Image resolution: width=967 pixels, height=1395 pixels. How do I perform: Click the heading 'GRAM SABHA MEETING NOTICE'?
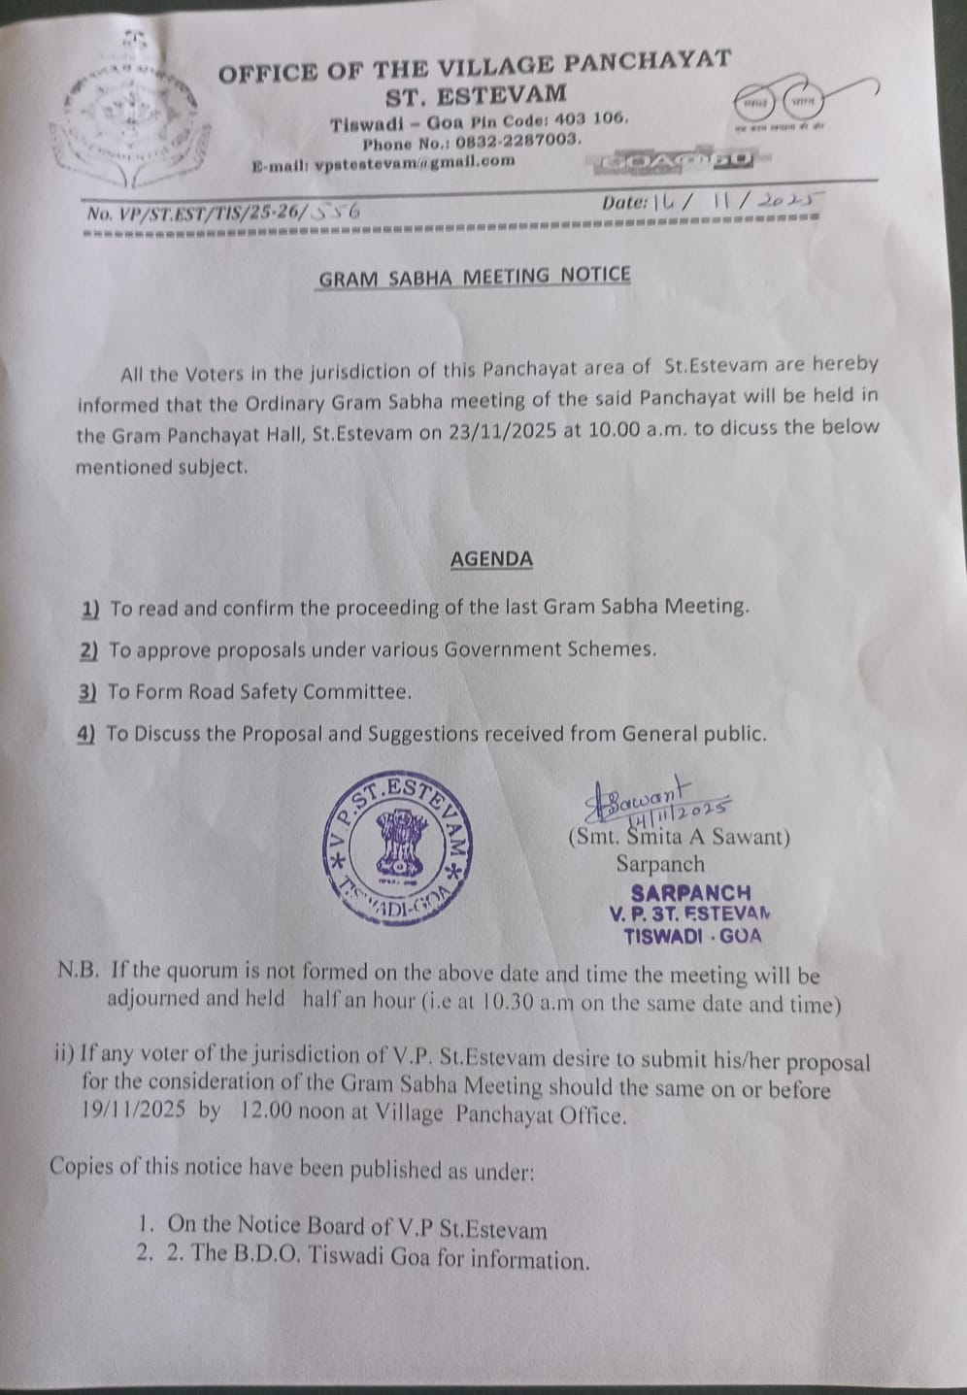(475, 277)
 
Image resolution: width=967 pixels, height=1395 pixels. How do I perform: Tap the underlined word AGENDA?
(491, 559)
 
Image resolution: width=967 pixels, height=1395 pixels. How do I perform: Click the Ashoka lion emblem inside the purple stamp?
(396, 846)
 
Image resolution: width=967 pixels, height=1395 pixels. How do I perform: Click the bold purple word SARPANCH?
(690, 892)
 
